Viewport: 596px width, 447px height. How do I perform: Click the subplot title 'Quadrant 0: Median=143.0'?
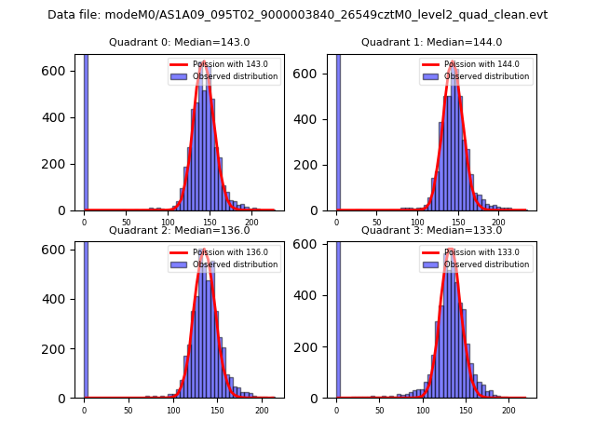coord(179,42)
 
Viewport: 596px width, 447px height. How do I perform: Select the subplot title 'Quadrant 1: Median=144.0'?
coord(431,42)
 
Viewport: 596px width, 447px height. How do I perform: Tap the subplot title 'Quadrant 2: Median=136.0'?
coord(179,230)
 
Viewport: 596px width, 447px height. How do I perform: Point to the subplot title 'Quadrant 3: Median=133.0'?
coord(431,230)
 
